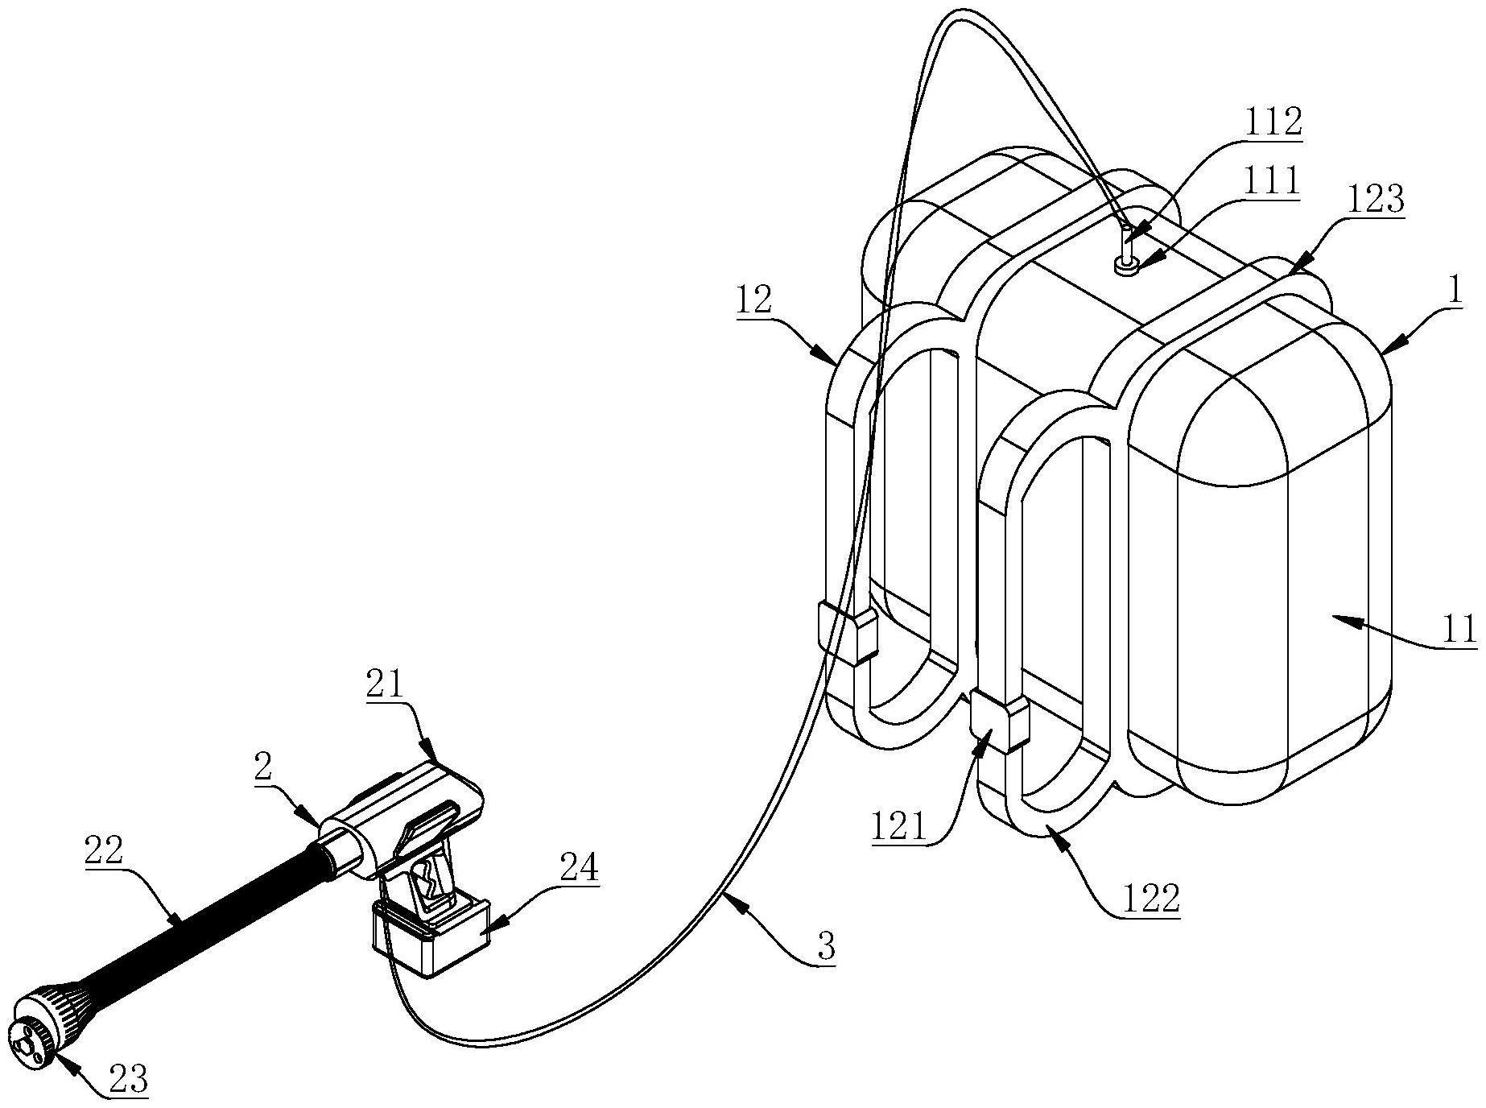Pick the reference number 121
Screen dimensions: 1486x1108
point(898,827)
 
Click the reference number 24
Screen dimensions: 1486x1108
point(580,869)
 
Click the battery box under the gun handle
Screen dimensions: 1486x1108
point(431,936)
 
